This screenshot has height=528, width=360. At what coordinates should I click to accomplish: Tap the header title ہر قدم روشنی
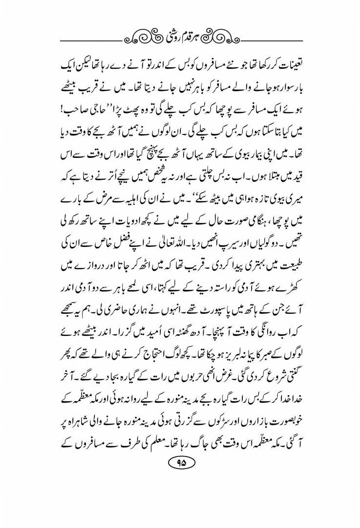(x=180, y=36)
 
